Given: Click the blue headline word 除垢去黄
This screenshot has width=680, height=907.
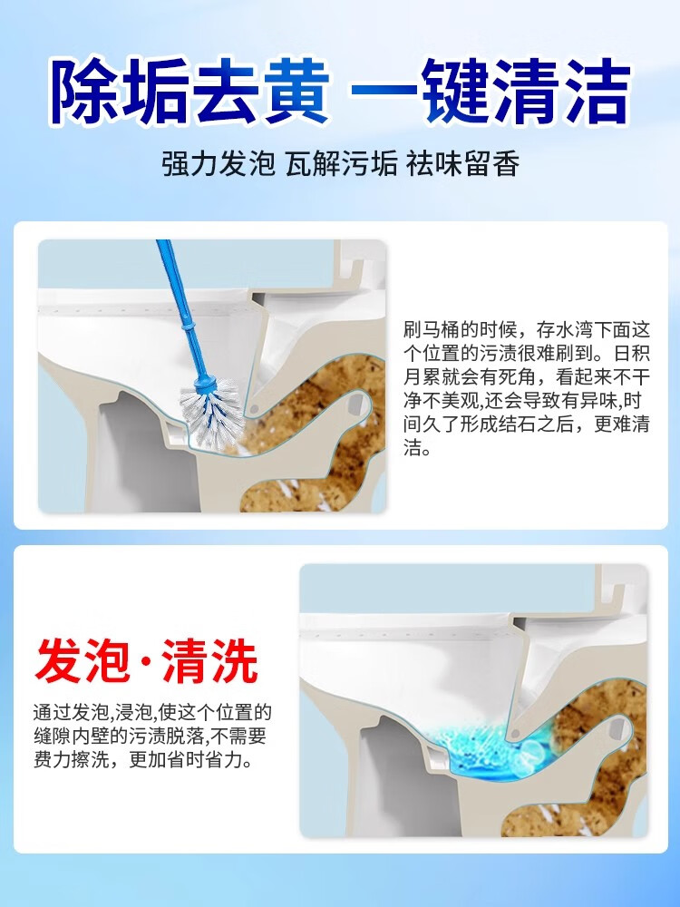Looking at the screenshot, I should coord(189,92).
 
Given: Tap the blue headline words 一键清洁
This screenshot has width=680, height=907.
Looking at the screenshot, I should coord(491,92).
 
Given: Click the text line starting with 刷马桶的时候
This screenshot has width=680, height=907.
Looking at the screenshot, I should coord(527,329).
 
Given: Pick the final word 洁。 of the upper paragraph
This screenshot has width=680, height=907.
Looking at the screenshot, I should coord(418,448).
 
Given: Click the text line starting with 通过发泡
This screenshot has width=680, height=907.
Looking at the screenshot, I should coord(151,712).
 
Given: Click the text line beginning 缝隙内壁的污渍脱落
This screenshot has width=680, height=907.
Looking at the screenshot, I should coord(151,736).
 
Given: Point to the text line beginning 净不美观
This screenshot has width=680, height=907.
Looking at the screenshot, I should coord(527,401).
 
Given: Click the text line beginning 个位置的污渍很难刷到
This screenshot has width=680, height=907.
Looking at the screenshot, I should coord(527,353).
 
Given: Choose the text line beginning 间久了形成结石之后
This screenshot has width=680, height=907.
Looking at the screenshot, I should coord(527,424).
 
